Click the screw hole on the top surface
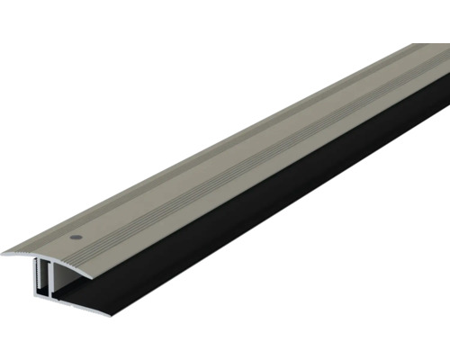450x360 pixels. pos(75,236)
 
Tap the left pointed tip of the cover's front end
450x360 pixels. pos(4,255)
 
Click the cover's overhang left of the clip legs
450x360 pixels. pos(18,254)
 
